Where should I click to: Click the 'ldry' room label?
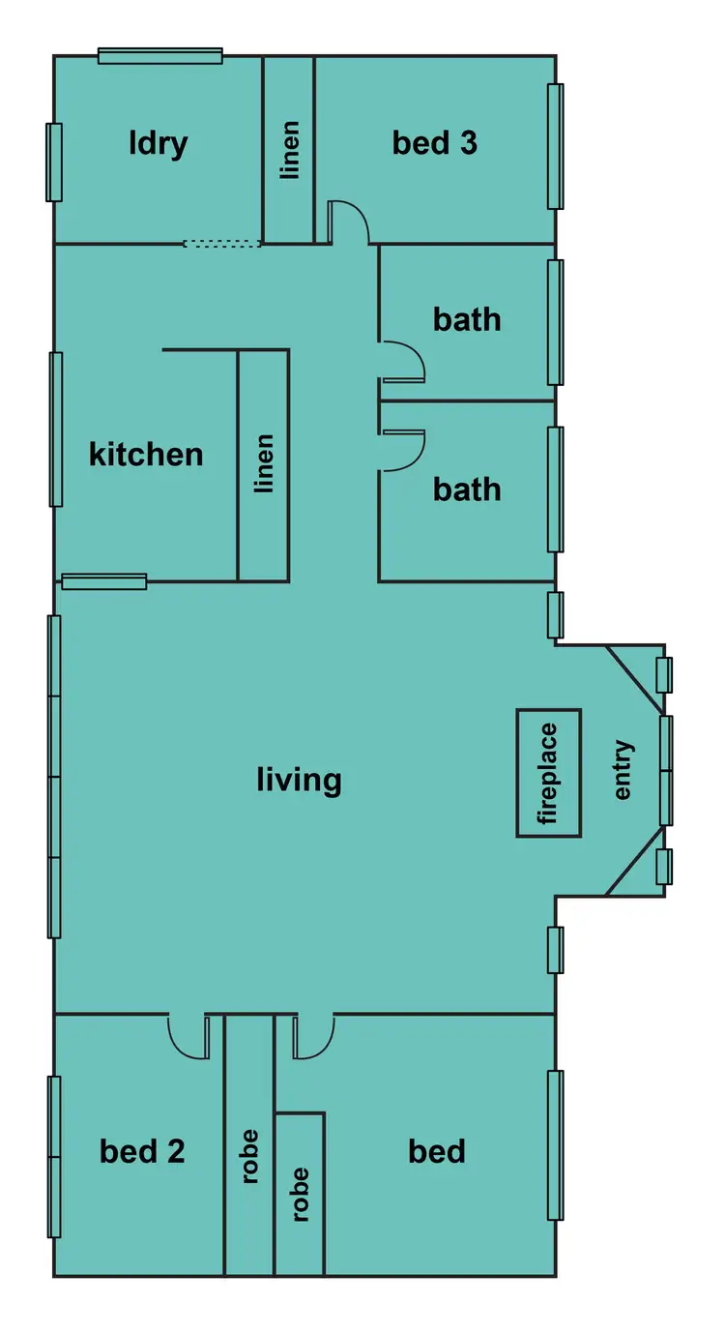(158, 143)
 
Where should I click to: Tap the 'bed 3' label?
(434, 143)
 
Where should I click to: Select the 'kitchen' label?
(146, 454)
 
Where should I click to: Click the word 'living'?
(299, 779)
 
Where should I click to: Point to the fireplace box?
(549, 772)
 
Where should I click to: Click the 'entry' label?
(623, 770)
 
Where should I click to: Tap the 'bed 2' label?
(142, 1151)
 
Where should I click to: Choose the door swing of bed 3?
(349, 222)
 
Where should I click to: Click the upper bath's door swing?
(404, 361)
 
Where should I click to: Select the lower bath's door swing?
(404, 450)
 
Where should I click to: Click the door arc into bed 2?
(188, 1036)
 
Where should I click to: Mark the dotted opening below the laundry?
(222, 244)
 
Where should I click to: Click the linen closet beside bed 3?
(289, 150)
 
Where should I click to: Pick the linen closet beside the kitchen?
(264, 464)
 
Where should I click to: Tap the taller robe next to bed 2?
(249, 1146)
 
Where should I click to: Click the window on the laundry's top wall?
(160, 56)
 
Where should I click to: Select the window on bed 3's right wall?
(555, 146)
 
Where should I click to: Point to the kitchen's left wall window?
(56, 429)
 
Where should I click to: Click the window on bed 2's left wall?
(55, 1156)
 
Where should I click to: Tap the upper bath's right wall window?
(555, 322)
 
